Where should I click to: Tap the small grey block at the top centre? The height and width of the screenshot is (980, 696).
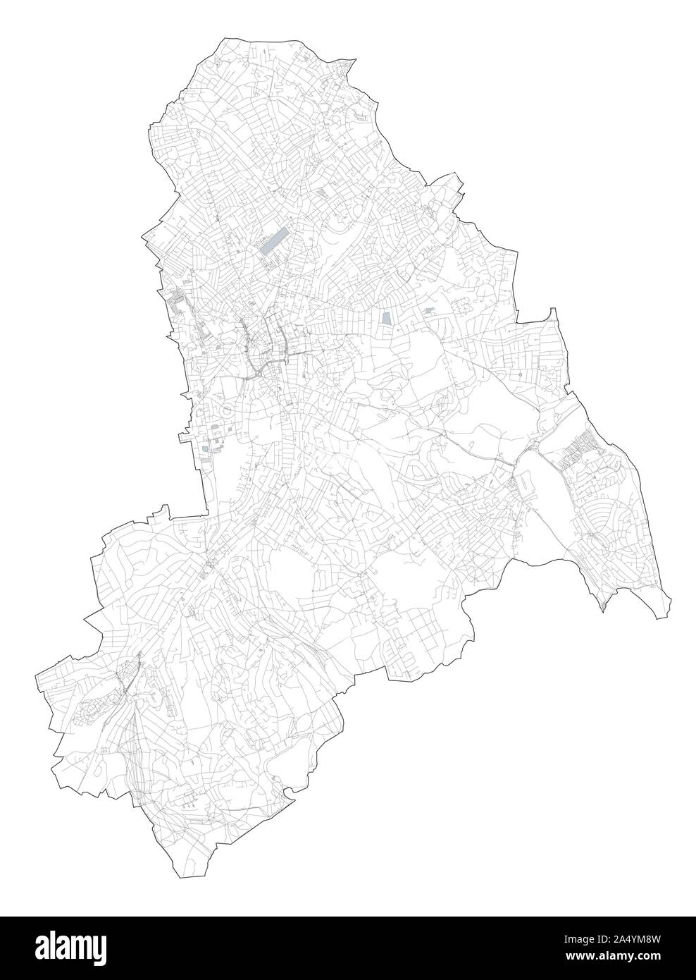(323, 191)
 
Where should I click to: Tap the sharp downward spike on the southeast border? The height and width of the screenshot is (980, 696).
(604, 610)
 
